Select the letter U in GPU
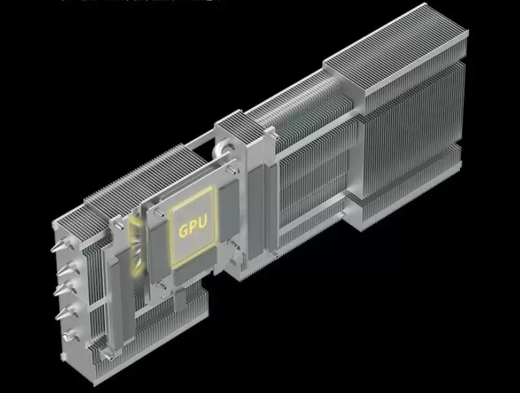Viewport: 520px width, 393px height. pyautogui.click(x=202, y=223)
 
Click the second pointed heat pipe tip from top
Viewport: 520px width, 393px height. pyautogui.click(x=63, y=268)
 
